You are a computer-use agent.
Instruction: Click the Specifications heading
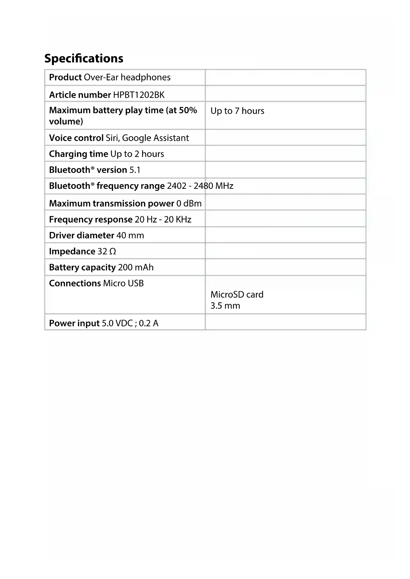84,58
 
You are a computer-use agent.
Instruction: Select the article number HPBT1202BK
139,95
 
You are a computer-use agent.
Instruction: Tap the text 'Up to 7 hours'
237,111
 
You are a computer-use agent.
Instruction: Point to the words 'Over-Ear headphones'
127,77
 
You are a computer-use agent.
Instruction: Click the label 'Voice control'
76,138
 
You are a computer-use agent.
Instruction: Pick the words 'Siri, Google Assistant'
147,138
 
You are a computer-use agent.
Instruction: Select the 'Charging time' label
79,154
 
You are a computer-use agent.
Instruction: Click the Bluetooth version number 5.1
135,170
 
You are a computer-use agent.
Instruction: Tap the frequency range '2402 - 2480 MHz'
200,186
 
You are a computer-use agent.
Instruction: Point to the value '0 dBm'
189,203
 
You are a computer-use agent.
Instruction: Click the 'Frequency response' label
91,220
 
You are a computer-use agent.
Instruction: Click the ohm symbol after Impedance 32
112,252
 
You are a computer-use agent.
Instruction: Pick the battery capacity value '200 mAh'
136,267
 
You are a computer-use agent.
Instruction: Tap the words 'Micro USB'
124,284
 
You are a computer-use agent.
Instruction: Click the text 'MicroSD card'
237,294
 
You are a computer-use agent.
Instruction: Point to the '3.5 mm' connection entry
225,306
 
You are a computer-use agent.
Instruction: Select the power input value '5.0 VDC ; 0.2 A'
130,323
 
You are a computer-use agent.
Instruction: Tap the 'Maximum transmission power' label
112,203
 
